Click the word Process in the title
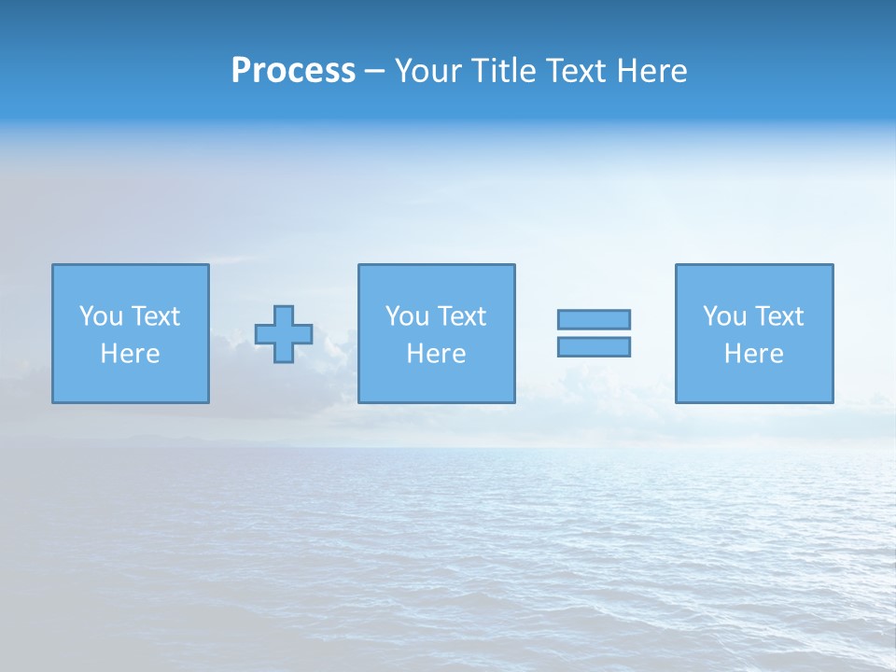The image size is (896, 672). [293, 71]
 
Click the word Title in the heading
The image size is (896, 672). [501, 71]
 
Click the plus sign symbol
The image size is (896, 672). [284, 334]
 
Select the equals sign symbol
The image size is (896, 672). [594, 333]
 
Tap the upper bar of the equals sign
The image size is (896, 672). [594, 319]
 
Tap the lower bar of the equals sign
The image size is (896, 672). [594, 346]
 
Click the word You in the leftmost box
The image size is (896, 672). [101, 316]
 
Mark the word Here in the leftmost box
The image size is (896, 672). [131, 354]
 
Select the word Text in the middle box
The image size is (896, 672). [462, 316]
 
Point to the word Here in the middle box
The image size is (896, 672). [436, 354]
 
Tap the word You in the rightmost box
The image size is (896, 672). [724, 316]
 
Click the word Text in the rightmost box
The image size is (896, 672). [779, 316]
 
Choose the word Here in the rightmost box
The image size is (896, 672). [753, 354]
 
